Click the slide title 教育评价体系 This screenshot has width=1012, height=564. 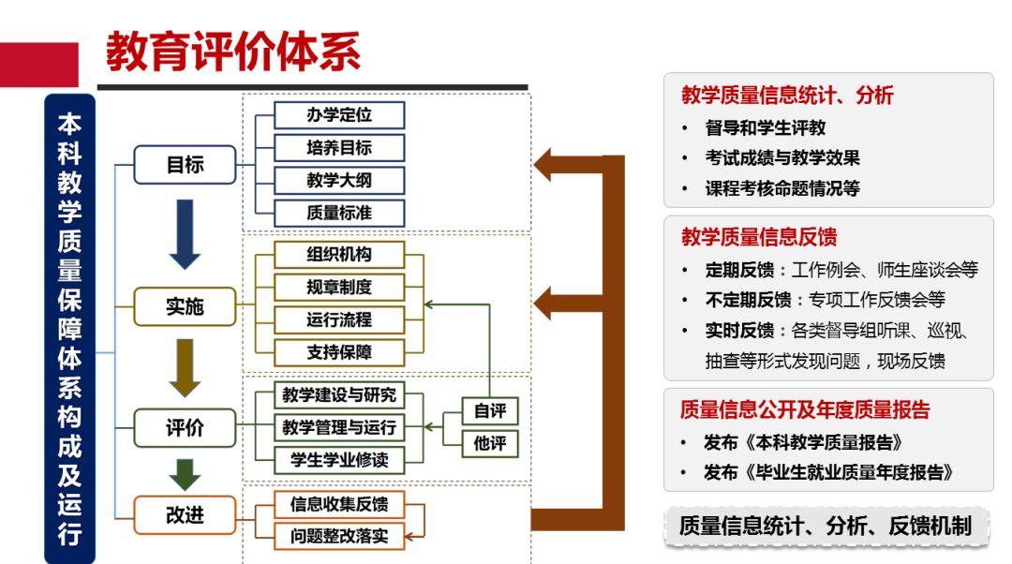232,52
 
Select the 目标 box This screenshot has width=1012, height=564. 185,165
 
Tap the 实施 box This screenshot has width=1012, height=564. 185,306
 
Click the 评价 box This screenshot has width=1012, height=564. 185,429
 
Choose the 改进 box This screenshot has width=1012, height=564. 185,514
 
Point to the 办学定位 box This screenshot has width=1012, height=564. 339,115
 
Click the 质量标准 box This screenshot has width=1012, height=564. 339,213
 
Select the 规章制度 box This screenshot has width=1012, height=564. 339,287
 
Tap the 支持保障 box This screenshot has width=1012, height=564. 339,352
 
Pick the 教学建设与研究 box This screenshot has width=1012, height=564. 339,394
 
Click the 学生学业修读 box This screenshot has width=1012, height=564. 339,460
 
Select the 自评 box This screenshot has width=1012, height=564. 489,411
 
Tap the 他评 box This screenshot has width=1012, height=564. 489,444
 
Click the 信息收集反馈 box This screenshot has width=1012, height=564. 339,504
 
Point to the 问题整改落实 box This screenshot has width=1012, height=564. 339,537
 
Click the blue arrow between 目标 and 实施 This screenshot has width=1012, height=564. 185,233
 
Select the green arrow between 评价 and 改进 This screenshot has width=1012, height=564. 185,474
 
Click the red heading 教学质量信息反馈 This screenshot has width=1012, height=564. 759,237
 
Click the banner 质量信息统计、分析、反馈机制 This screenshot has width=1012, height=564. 825,526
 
